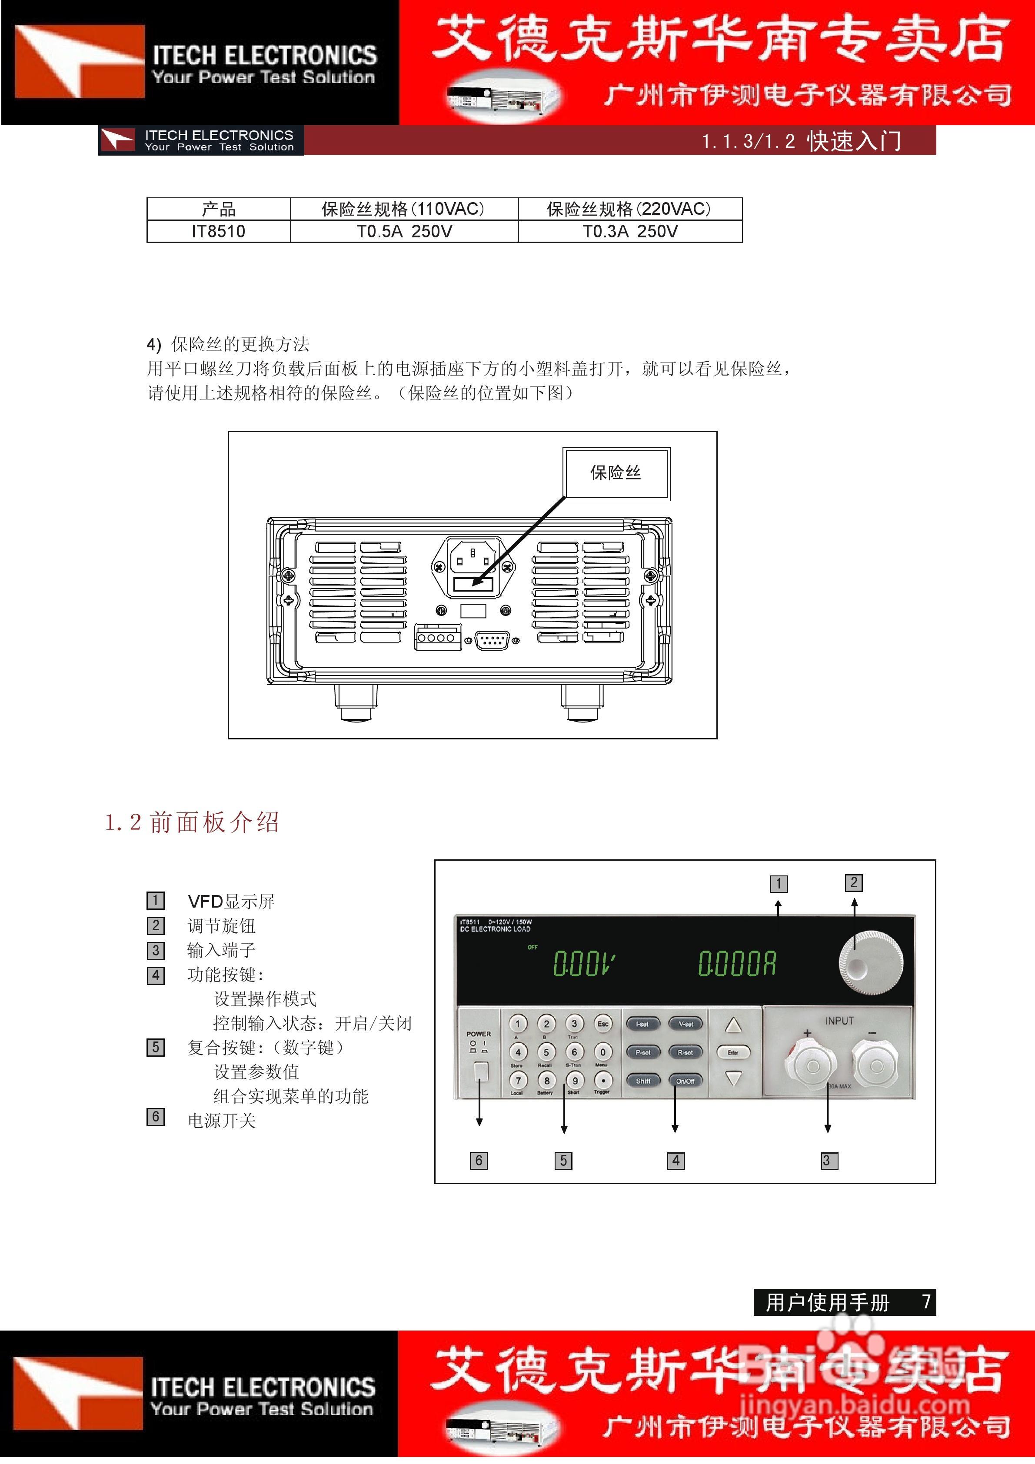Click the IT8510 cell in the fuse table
[218, 231]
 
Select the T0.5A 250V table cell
[404, 231]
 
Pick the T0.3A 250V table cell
[629, 231]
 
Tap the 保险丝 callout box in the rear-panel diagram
[616, 473]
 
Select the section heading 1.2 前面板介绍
[192, 822]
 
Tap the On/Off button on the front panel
[685, 1081]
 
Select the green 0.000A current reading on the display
[737, 963]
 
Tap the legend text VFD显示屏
[231, 902]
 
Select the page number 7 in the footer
[926, 1301]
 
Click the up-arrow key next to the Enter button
[733, 1025]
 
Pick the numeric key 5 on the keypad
[546, 1052]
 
